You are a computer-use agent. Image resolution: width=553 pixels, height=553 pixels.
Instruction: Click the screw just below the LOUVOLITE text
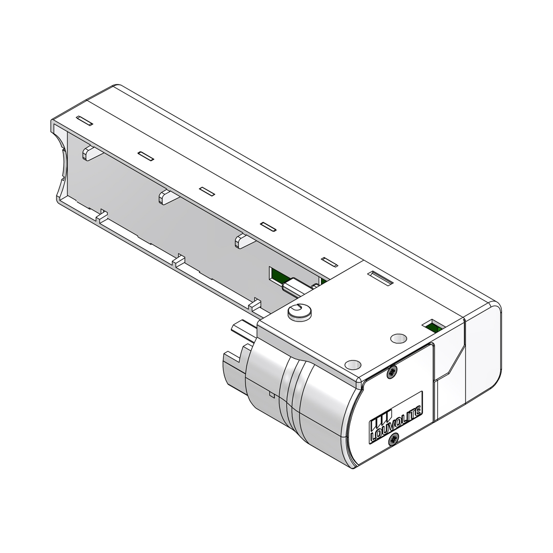click(394, 438)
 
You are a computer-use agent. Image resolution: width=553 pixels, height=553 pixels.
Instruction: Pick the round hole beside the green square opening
click(398, 338)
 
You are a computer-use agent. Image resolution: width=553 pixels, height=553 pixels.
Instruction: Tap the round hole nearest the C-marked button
click(353, 364)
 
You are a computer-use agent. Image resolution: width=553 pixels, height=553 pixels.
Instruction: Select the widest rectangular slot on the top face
click(380, 279)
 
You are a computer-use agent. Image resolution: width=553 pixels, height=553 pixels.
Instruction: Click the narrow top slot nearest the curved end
click(84, 120)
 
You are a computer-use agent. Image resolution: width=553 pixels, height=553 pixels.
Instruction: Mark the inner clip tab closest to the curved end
click(90, 152)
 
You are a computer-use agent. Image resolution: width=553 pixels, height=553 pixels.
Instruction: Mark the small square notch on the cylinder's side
click(270, 395)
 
